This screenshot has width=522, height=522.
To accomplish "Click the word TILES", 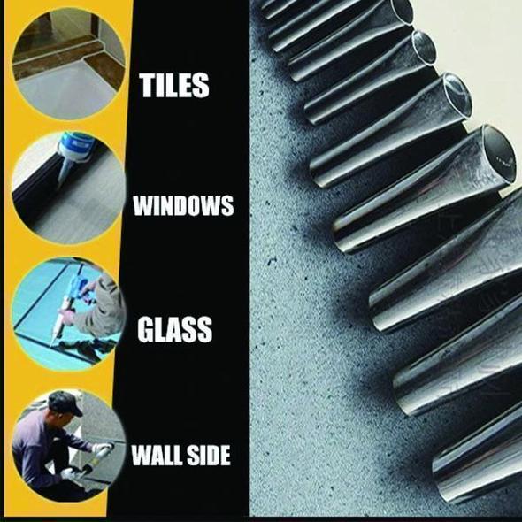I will [174, 85].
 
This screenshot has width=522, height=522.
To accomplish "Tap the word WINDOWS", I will [183, 207].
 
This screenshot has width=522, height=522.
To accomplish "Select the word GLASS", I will [174, 329].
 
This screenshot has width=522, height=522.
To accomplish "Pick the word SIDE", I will [210, 457].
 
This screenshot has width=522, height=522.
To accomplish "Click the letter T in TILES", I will [147, 85].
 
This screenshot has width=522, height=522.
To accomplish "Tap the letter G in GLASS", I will [146, 329].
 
